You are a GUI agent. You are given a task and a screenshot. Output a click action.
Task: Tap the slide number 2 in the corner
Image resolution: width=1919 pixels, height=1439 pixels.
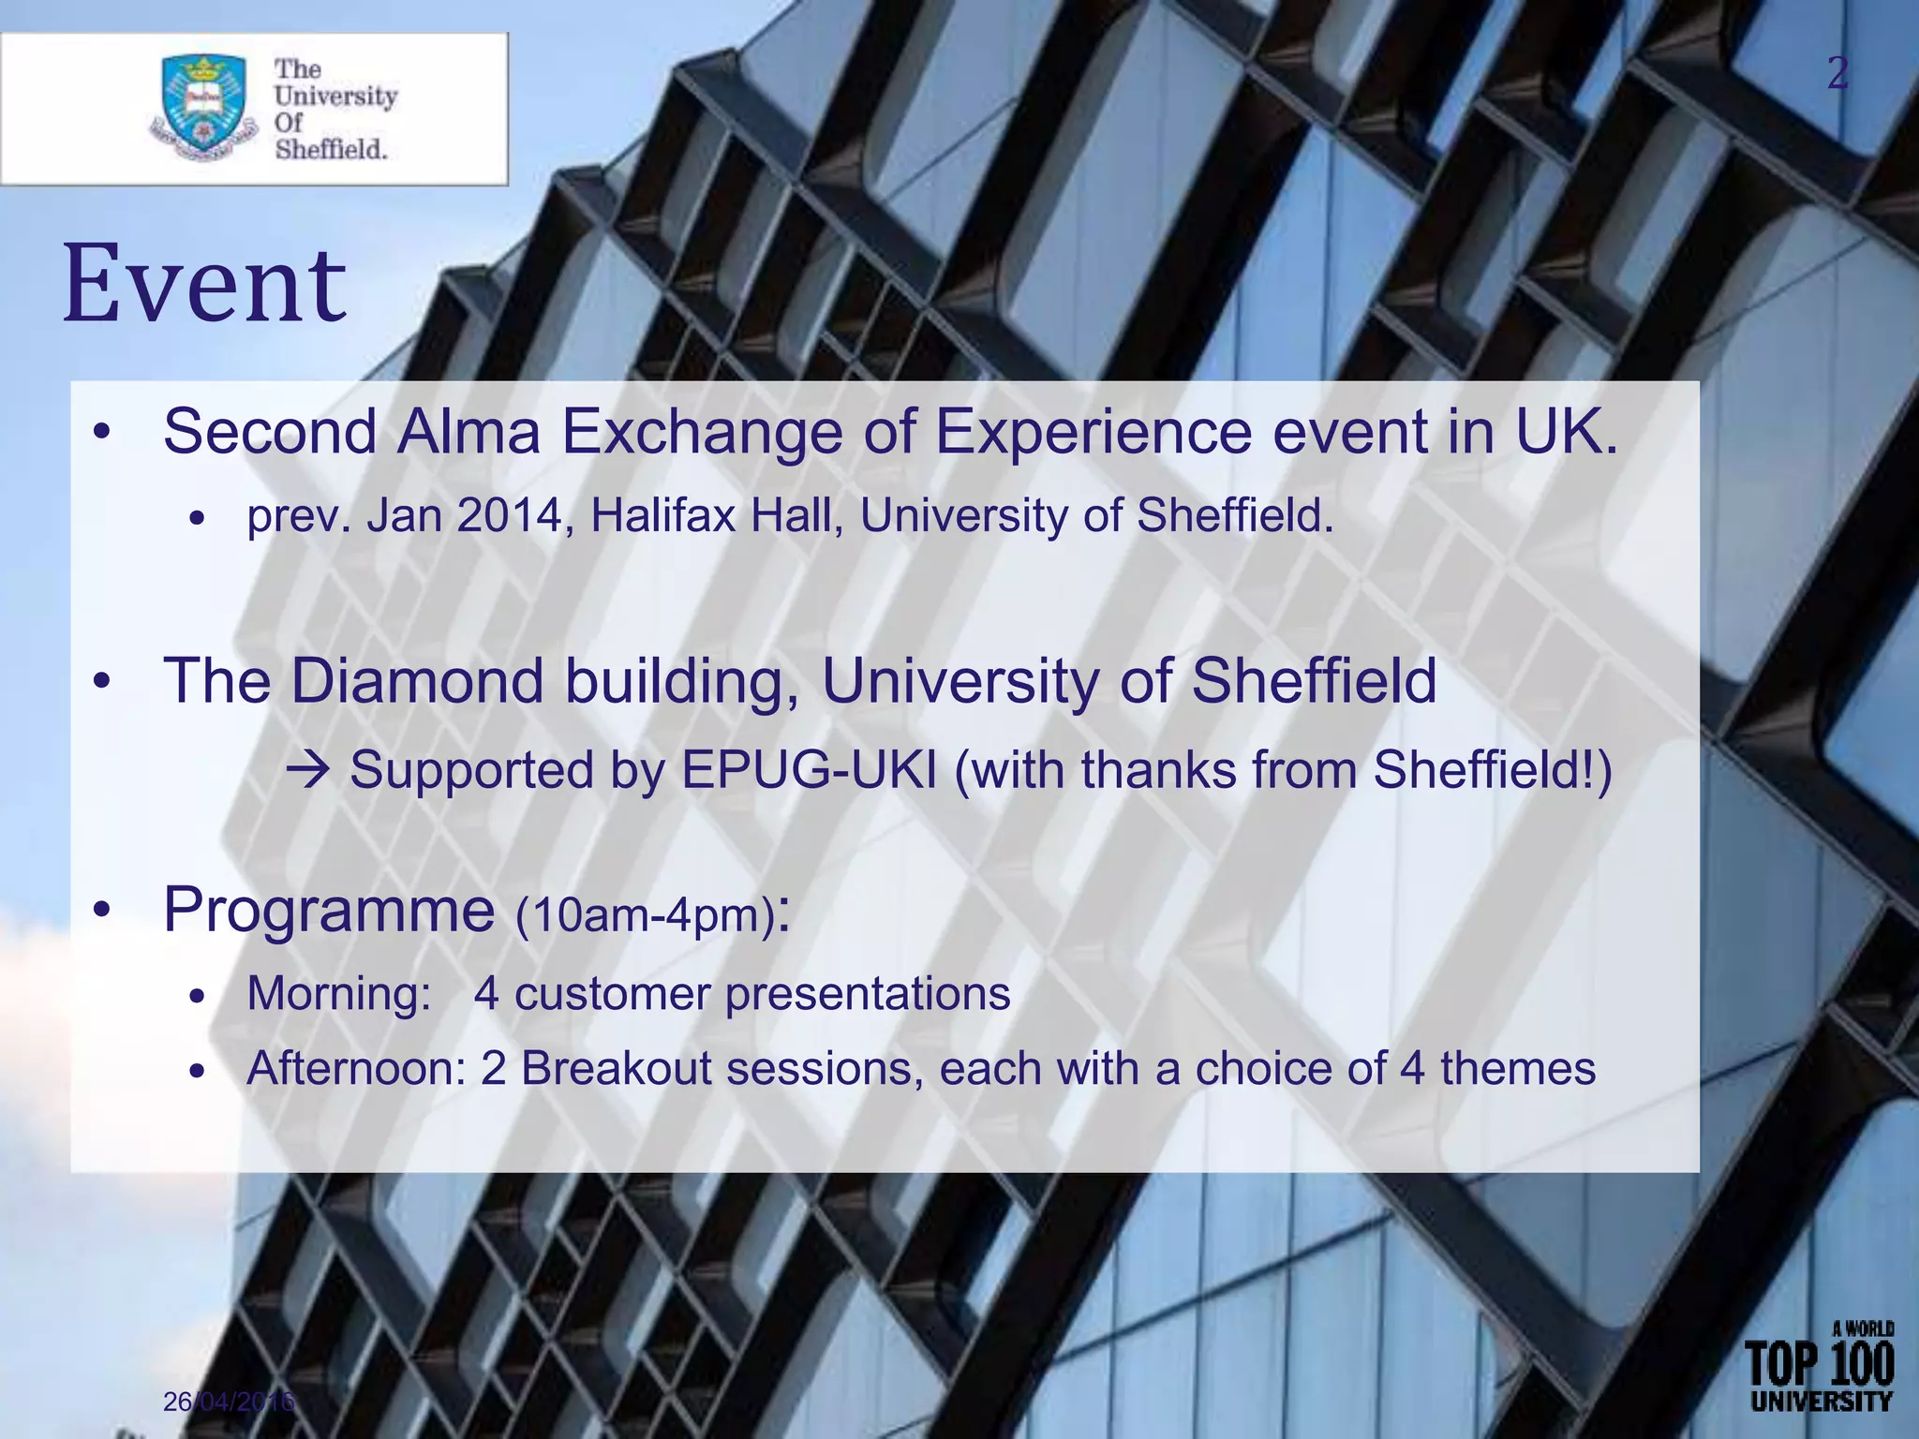(1837, 73)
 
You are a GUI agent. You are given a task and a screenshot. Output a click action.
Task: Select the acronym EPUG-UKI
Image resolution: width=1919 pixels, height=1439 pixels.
(809, 771)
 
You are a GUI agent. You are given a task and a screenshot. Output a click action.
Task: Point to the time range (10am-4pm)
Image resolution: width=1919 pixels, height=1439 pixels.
(646, 915)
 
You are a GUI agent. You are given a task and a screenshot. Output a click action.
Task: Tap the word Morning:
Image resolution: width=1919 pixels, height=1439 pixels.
(338, 993)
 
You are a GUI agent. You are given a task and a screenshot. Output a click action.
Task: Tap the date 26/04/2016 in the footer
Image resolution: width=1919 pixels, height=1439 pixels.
(229, 1402)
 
